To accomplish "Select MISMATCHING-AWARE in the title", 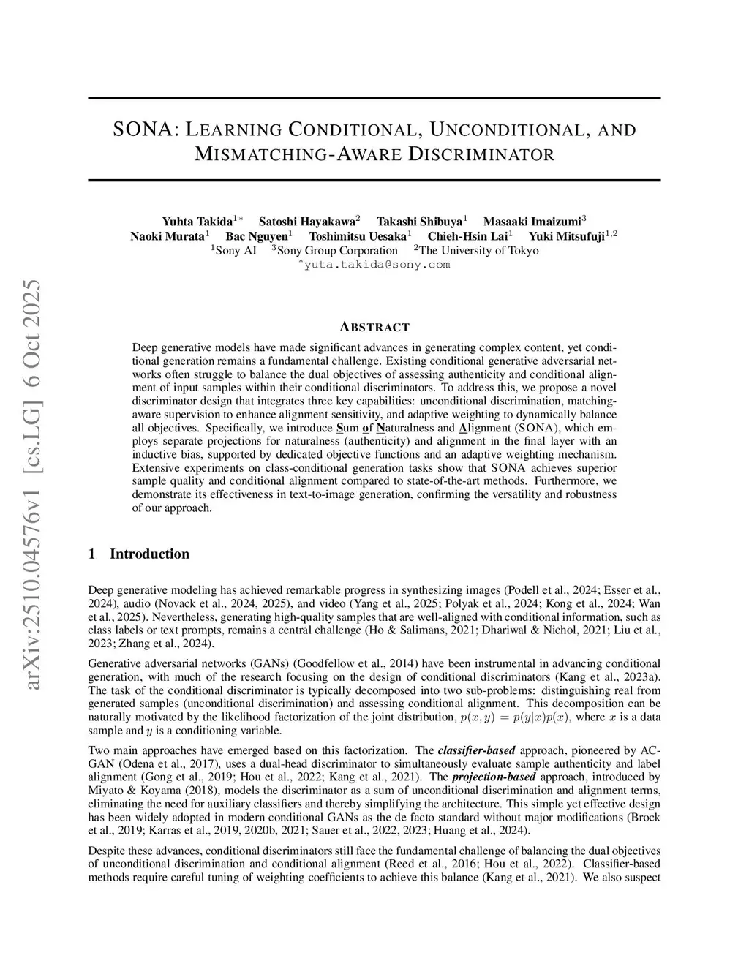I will [x=297, y=155].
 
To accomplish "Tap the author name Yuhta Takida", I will [x=197, y=221].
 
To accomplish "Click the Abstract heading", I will [x=374, y=327].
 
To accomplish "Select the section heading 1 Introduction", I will [x=138, y=554].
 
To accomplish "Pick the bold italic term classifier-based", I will [x=476, y=750].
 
